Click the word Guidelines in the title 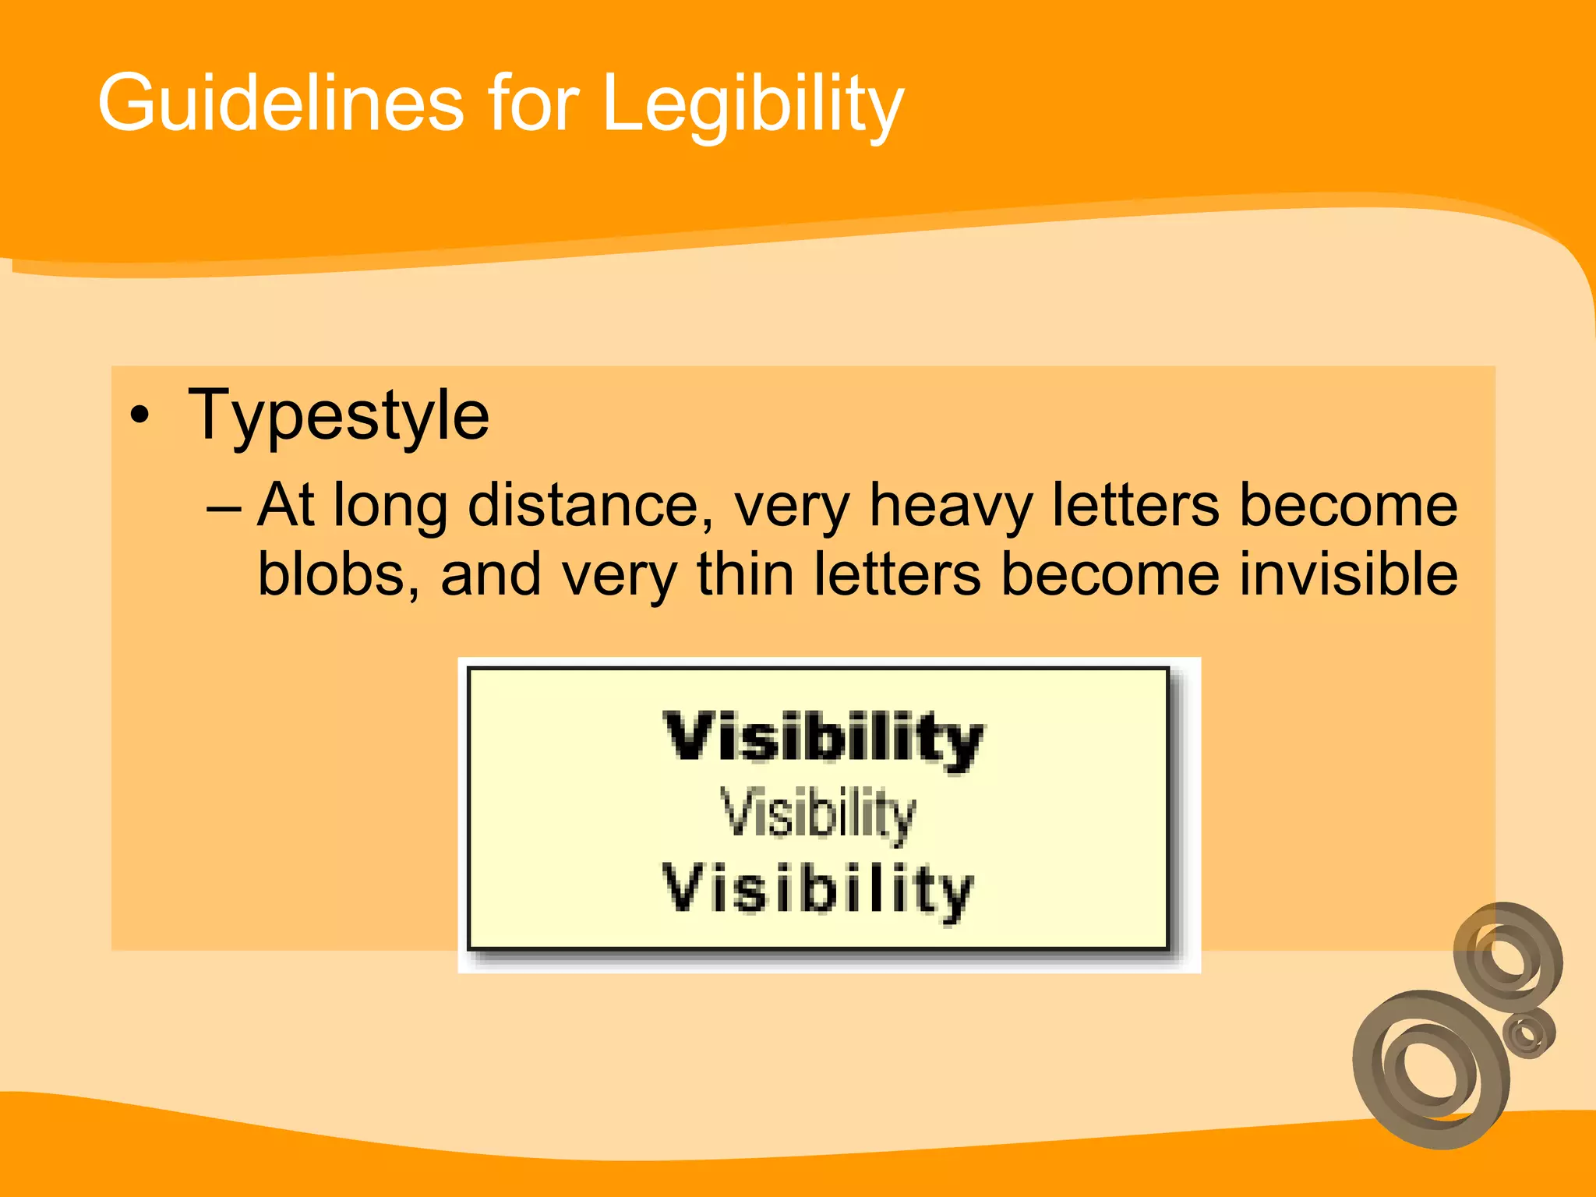tap(281, 103)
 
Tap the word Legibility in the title tap(753, 105)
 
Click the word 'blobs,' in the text tap(339, 575)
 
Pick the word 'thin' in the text tap(745, 575)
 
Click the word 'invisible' tap(1348, 575)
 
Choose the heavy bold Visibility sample tap(824, 739)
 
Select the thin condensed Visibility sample tap(818, 814)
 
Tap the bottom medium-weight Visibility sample tap(818, 890)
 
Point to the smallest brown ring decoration tap(1528, 1033)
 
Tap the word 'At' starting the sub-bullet tap(285, 507)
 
